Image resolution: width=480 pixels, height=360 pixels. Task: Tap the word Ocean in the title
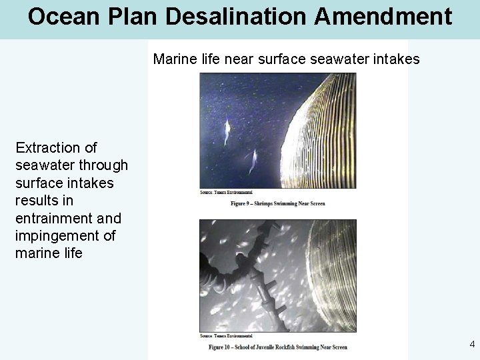(x=60, y=16)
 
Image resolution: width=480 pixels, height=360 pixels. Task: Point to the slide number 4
(x=472, y=345)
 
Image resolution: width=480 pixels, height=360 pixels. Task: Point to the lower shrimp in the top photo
(x=253, y=160)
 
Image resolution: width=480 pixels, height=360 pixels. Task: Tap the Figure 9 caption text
(x=278, y=203)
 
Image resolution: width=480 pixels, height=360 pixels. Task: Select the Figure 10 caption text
(x=277, y=347)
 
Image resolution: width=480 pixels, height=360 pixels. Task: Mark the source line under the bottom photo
(x=224, y=337)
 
